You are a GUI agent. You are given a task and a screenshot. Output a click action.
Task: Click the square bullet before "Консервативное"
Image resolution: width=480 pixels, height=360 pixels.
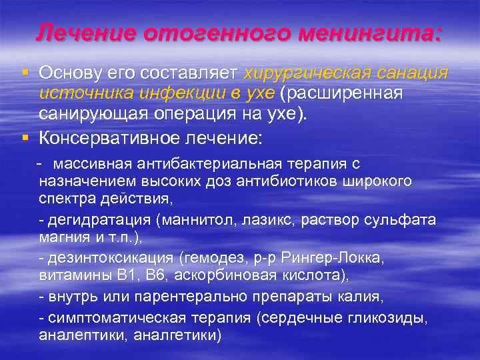tap(25, 137)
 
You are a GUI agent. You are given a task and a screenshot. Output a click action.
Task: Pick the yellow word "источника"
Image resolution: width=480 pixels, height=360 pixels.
tap(79, 93)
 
